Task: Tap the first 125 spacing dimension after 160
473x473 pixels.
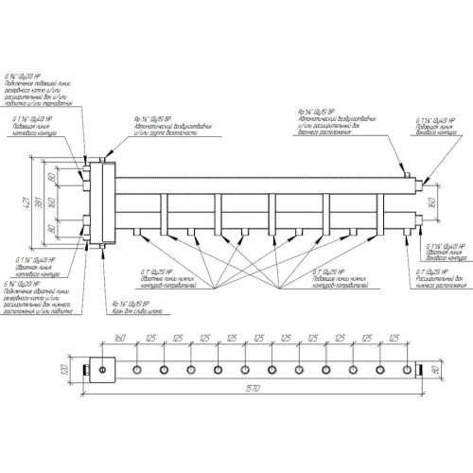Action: point(149,339)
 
